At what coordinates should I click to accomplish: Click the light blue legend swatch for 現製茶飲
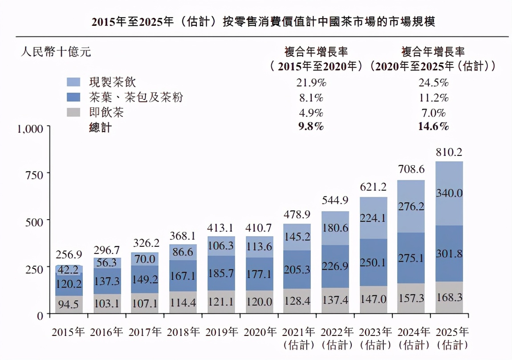tap(73, 82)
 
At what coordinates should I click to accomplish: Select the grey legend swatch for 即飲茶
tap(73, 112)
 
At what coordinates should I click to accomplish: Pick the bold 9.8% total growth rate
tap(310, 127)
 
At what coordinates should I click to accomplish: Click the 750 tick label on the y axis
tap(34, 174)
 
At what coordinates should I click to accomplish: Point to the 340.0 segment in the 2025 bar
tap(449, 193)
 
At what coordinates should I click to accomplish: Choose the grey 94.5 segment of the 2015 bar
tap(69, 304)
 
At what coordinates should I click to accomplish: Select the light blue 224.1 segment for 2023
tap(373, 218)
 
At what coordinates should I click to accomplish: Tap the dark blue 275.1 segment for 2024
tap(411, 258)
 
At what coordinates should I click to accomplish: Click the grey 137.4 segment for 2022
tap(335, 300)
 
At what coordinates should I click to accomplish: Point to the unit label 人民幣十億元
tap(56, 52)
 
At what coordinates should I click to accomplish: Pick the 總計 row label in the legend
tap(100, 127)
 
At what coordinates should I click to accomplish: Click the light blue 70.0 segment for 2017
tap(145, 259)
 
